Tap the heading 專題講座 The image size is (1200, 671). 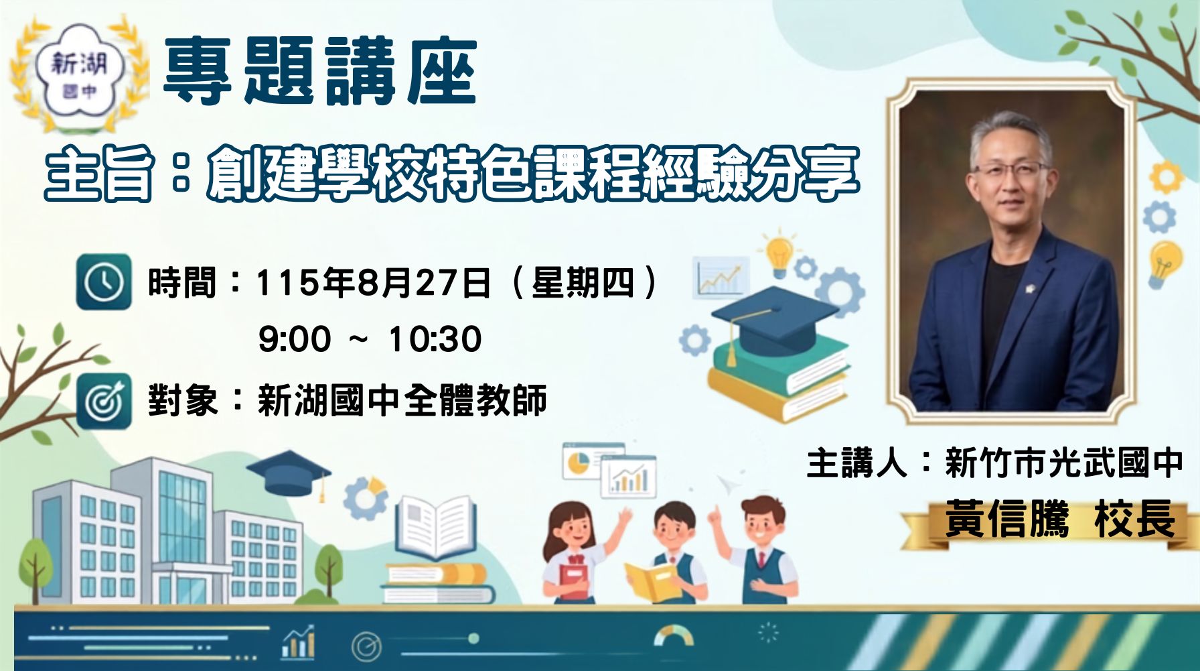(320, 72)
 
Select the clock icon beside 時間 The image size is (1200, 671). (104, 282)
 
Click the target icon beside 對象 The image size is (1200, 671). (104, 401)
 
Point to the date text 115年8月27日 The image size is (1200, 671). (374, 282)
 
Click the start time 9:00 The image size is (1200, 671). (295, 339)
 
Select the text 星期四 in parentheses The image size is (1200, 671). (583, 282)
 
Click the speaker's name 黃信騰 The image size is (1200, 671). (1006, 519)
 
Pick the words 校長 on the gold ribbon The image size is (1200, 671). (1135, 519)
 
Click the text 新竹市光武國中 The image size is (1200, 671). (1064, 463)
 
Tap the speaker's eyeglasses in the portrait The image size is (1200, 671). (1011, 169)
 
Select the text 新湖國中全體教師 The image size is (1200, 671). (402, 401)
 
